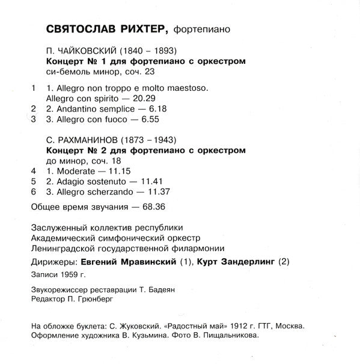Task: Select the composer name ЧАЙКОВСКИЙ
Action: (x=88, y=52)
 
